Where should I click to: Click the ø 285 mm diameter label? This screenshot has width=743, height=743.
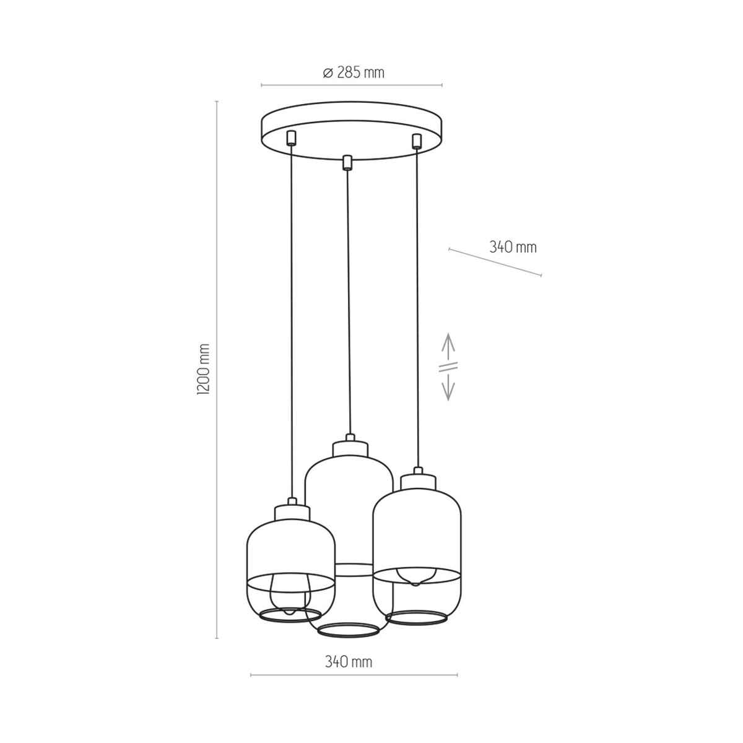pyautogui.click(x=353, y=72)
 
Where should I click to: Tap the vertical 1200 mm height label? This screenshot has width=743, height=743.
pyautogui.click(x=203, y=369)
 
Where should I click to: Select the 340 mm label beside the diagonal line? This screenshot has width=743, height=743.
pyautogui.click(x=513, y=247)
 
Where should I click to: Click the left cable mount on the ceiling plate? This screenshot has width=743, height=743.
pyautogui.click(x=291, y=138)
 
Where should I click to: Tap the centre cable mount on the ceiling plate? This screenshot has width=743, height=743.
pyautogui.click(x=347, y=162)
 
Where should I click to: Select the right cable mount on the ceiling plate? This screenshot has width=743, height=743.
pyautogui.click(x=415, y=141)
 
